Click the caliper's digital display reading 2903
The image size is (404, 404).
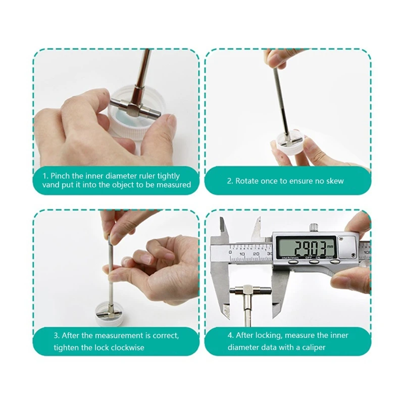click(307, 247)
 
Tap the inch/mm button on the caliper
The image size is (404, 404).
click(293, 262)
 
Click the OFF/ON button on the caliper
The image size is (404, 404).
click(314, 262)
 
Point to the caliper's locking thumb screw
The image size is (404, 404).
click(314, 227)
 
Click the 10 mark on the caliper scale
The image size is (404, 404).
click(242, 255)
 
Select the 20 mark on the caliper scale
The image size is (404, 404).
click(256, 254)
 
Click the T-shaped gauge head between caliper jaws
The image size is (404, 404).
click(250, 291)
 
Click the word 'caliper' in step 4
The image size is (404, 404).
click(314, 347)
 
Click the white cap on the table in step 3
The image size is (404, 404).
click(111, 314)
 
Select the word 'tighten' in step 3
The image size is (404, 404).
click(67, 347)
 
